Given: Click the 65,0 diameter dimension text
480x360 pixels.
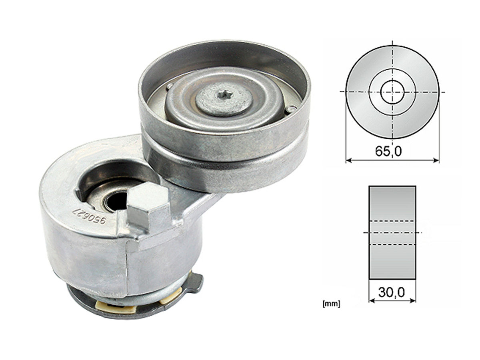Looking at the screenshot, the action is pyautogui.click(x=388, y=151).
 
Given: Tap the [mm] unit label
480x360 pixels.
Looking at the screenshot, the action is pyautogui.click(x=331, y=304).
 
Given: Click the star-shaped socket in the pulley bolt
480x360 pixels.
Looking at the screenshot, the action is pyautogui.click(x=224, y=95).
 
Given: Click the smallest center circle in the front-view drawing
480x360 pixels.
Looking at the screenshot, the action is pyautogui.click(x=392, y=92).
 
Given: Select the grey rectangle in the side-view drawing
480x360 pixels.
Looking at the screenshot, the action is pyautogui.click(x=392, y=232).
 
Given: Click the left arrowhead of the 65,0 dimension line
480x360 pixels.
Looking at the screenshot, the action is pyautogui.click(x=348, y=161).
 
